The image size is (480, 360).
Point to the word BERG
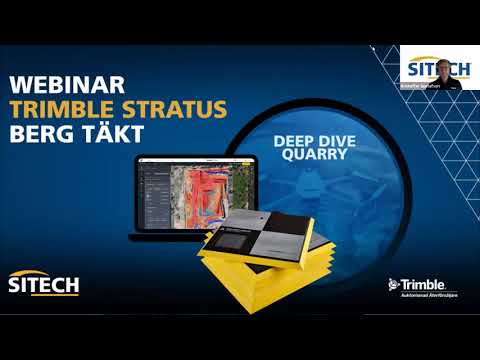pyautogui.click(x=40, y=134)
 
